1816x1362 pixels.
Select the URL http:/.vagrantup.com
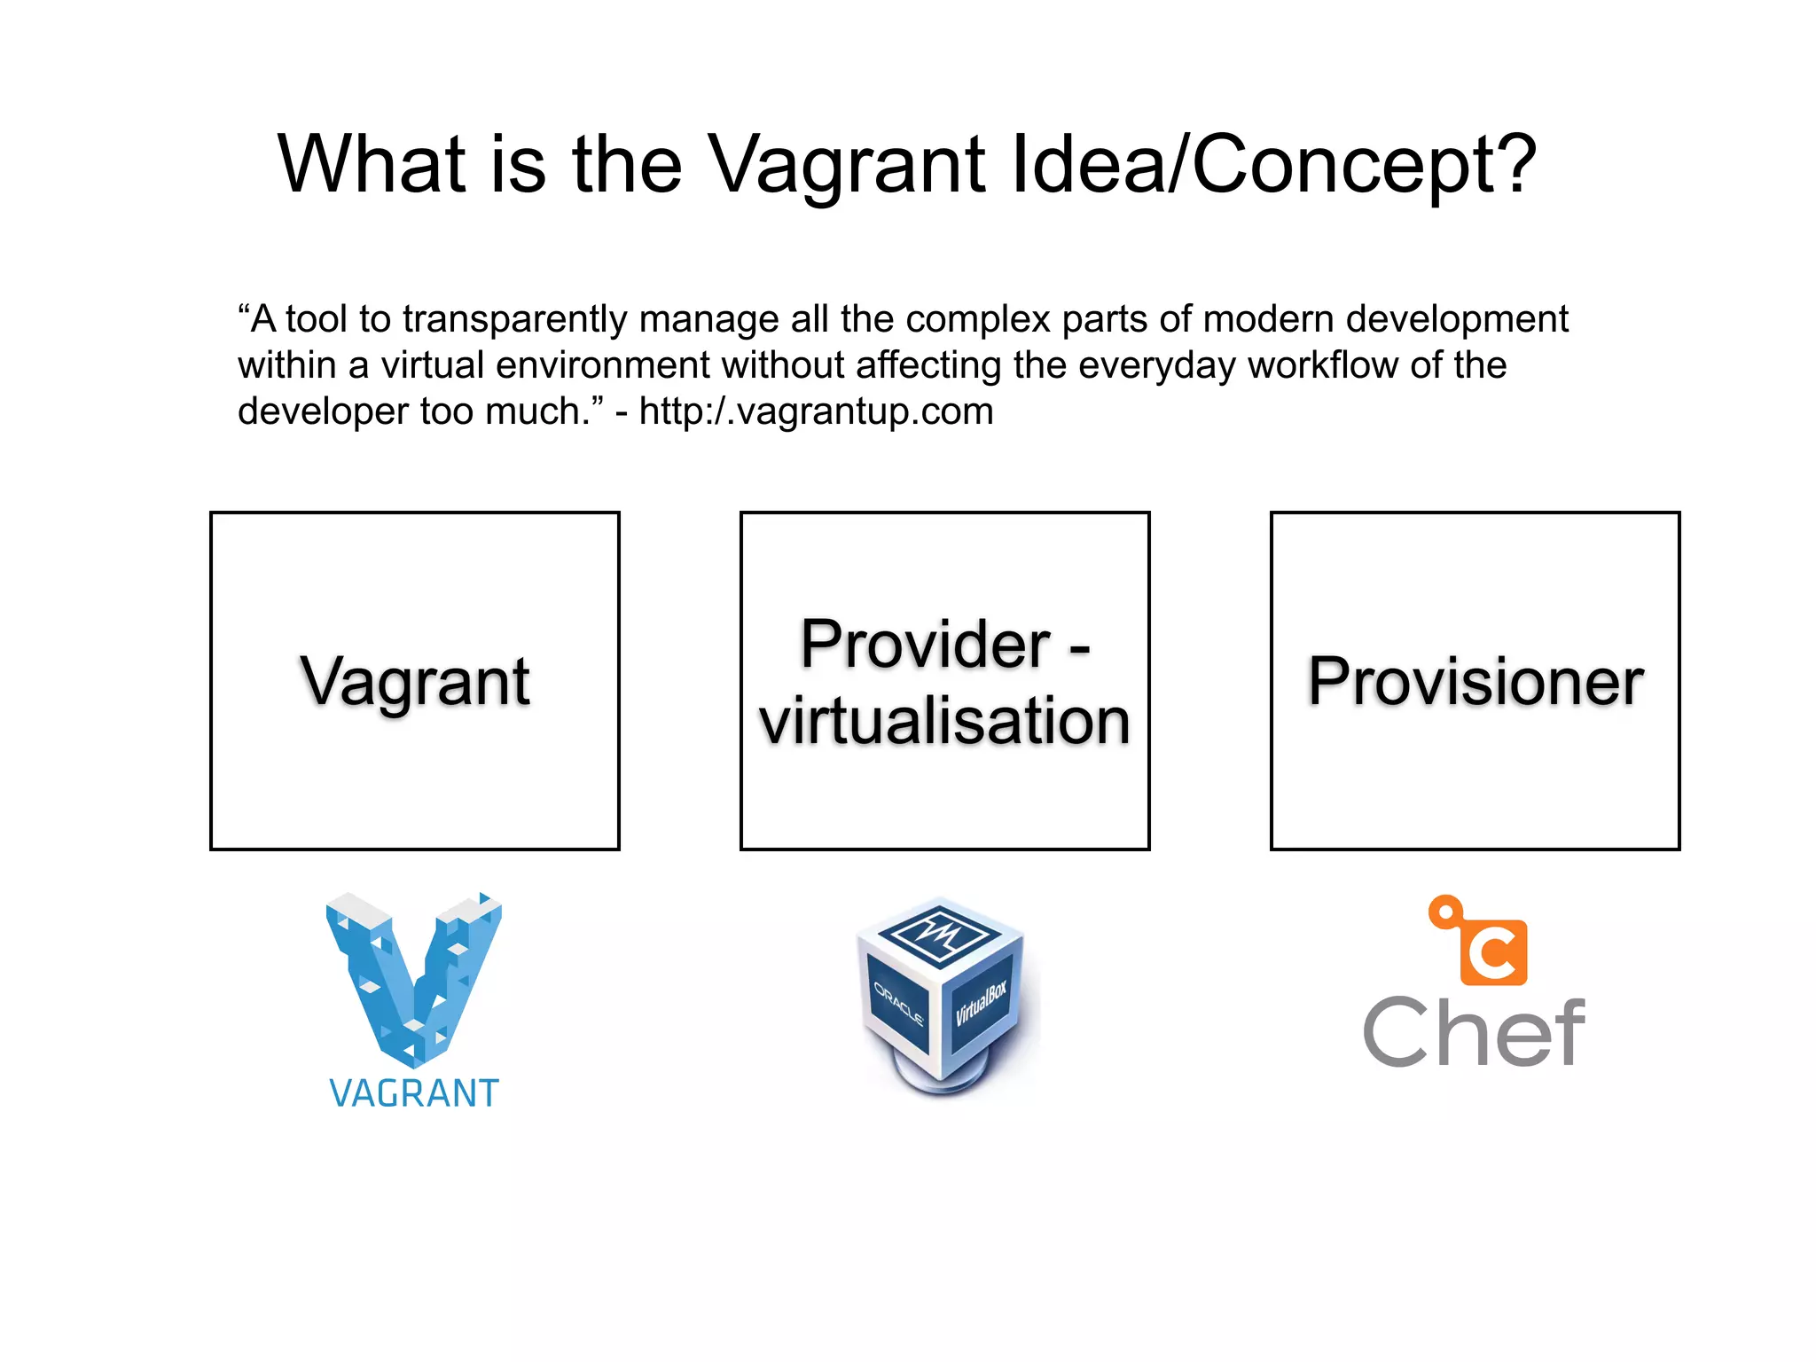tap(816, 411)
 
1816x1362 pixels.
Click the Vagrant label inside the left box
tap(415, 681)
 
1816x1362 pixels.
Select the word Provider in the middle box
tap(925, 644)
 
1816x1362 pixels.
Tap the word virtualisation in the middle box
tap(945, 720)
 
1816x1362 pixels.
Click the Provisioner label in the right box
tap(1475, 681)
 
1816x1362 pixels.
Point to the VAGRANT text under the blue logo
tap(414, 1093)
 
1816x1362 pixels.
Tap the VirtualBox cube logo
tap(943, 993)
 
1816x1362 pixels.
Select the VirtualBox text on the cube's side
tap(982, 1004)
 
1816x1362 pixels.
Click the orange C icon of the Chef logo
tap(1494, 954)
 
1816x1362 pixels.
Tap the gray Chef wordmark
tap(1474, 1032)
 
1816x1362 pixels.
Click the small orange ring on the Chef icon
tap(1445, 912)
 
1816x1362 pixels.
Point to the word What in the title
tap(372, 165)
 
